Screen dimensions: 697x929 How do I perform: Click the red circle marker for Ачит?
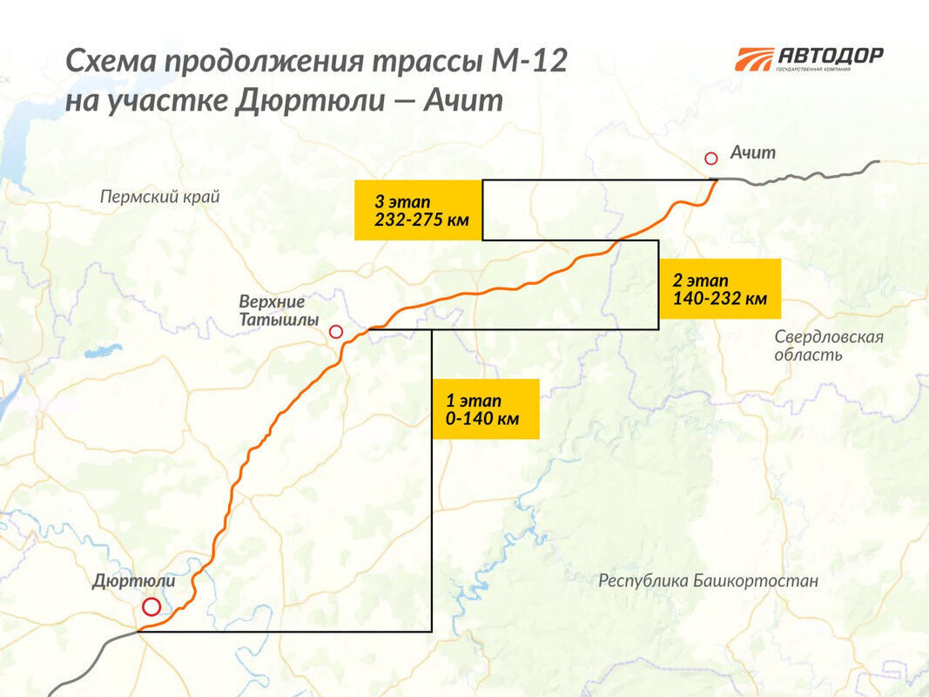click(x=711, y=158)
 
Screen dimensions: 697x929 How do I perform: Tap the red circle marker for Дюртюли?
click(x=151, y=607)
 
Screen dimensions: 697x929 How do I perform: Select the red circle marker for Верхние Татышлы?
click(x=336, y=332)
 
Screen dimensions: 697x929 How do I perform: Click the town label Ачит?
click(x=752, y=153)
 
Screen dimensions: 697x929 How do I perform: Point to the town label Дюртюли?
click(x=134, y=581)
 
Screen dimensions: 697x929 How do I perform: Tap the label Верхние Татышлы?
click(x=273, y=310)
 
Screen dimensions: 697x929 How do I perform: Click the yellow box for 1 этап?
click(x=485, y=409)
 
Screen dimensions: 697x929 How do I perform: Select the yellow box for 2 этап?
click(x=719, y=289)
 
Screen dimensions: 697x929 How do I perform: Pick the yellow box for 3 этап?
click(x=418, y=210)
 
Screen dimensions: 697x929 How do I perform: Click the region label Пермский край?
click(x=160, y=197)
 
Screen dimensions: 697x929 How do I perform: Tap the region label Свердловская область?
click(x=829, y=346)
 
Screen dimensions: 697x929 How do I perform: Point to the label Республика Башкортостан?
click(x=708, y=580)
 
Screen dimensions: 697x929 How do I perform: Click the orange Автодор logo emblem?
click(x=754, y=59)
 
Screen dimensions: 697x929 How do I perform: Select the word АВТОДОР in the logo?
click(x=831, y=55)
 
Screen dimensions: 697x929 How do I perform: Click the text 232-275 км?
click(x=421, y=220)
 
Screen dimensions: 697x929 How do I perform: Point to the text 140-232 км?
click(x=719, y=299)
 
